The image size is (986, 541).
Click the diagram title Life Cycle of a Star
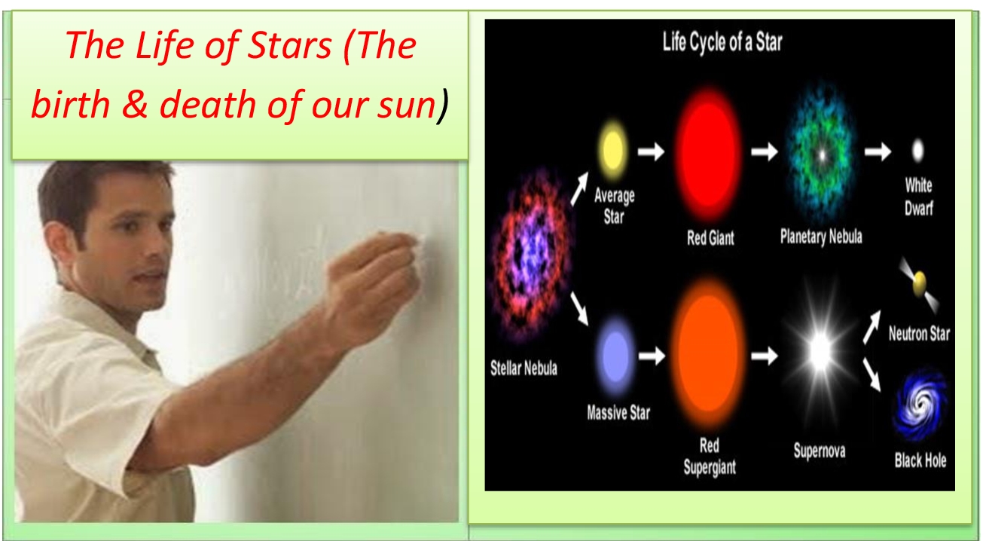722,42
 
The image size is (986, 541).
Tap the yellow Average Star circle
612,148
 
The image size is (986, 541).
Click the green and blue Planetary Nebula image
821,154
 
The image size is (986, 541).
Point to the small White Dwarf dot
917,151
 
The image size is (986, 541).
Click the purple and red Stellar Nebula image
531,255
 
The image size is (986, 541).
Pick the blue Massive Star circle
615,356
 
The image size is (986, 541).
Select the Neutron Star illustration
919,284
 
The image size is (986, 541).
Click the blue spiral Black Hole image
920,405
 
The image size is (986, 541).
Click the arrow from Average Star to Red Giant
651,151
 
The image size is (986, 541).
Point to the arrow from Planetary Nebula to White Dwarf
878,152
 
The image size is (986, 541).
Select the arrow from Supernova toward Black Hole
872,374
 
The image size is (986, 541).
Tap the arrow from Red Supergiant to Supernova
764,356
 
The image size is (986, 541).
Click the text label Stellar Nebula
524,368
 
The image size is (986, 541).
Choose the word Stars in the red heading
289,46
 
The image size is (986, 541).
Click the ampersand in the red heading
135,104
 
